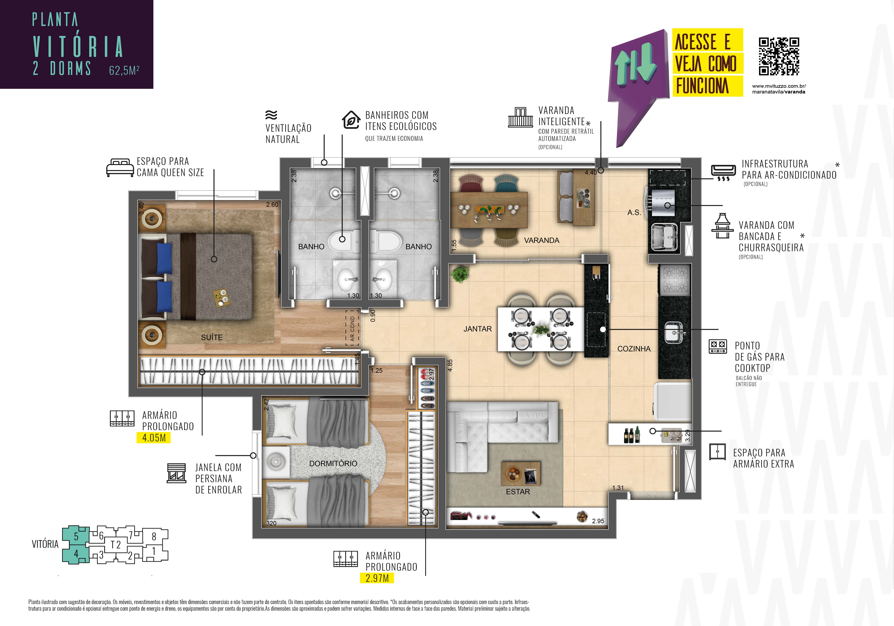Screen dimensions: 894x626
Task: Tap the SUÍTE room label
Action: [212, 337]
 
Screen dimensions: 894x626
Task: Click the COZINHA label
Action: [634, 349]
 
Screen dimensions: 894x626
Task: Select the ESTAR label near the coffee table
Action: [518, 492]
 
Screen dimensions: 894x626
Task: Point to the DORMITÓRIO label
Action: [333, 463]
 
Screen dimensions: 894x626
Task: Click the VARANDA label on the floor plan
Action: [542, 240]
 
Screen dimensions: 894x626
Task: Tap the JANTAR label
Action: [478, 329]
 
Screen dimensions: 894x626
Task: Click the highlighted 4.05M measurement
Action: [154, 438]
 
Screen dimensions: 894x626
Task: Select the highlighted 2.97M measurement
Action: [377, 578]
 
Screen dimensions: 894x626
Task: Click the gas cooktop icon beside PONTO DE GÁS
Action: [718, 346]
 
